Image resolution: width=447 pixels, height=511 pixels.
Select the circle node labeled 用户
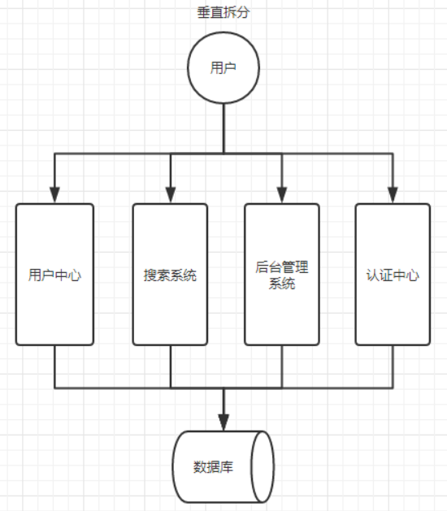tap(223, 68)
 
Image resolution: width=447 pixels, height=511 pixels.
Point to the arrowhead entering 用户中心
tap(54, 195)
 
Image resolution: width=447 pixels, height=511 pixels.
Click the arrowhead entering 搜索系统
tap(171, 195)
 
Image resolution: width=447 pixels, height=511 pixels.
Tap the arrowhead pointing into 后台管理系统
tap(282, 195)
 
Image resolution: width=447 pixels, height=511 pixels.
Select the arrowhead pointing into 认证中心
tap(393, 195)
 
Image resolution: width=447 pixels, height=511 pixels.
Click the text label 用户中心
tap(54, 275)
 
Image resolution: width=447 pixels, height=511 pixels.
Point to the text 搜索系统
tap(171, 275)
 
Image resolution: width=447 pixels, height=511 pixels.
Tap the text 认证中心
tap(393, 275)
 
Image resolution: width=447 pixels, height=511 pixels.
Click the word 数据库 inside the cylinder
tap(214, 467)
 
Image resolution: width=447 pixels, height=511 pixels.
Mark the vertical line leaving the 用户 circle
tap(223, 126)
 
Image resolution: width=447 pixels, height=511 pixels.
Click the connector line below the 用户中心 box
tap(54, 366)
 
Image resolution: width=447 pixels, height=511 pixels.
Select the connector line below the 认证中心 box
tap(393, 366)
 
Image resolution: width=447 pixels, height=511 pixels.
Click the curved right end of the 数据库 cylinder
tap(262, 467)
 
